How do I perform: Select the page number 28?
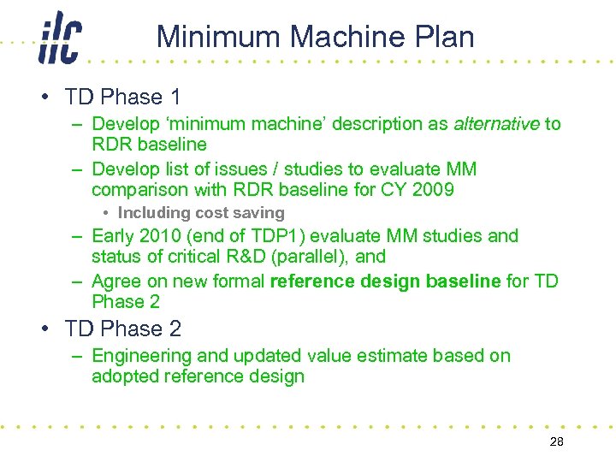(555, 441)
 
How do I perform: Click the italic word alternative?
(496, 124)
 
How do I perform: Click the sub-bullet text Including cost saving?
(201, 213)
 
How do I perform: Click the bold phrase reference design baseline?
(384, 281)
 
